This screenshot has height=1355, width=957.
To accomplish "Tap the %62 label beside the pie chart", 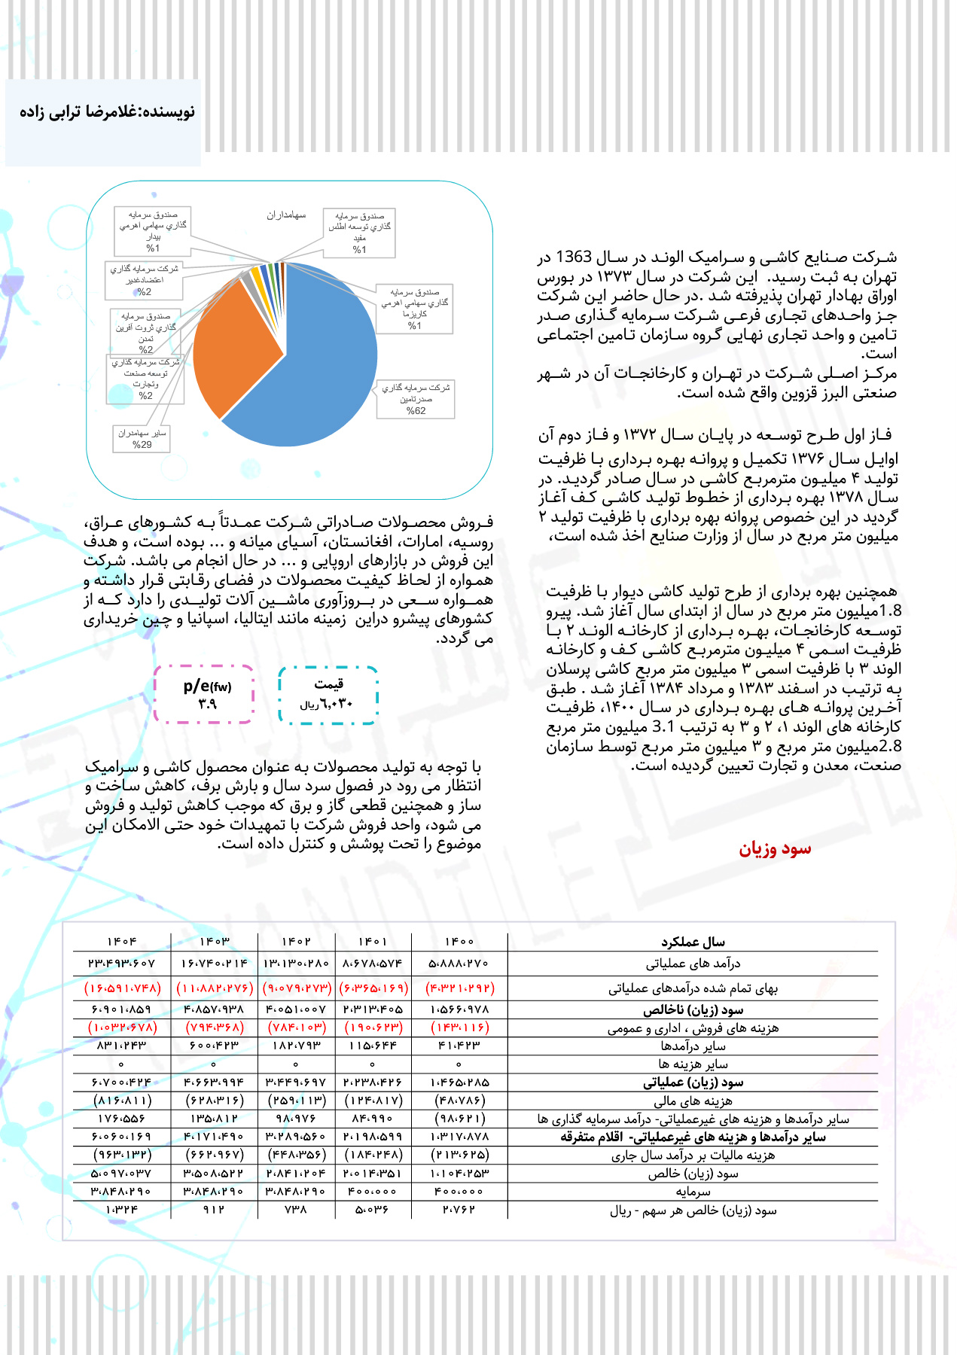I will (x=416, y=411).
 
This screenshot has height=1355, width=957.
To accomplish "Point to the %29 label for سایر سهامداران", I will (x=142, y=445).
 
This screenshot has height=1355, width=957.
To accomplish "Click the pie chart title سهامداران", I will (x=286, y=215).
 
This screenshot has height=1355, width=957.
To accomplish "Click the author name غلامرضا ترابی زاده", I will (x=108, y=112).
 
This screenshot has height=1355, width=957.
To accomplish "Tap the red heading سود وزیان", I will (x=775, y=849).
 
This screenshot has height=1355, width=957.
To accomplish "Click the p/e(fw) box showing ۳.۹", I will (x=204, y=694).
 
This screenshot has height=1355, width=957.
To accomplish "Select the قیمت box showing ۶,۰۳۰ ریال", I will (x=328, y=695).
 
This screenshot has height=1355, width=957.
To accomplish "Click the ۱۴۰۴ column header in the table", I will (x=122, y=942).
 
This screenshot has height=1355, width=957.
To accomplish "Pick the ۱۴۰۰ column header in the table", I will (x=459, y=942).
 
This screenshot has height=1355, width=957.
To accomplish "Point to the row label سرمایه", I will (x=693, y=1192).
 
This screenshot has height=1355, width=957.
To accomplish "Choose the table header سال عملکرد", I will (x=693, y=942).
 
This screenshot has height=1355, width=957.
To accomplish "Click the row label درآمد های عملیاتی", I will (x=693, y=963).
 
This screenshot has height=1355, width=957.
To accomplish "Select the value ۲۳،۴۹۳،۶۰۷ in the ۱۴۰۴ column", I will (x=122, y=963).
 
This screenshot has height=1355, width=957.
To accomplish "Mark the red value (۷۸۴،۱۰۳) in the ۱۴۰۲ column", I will (x=297, y=1027).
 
